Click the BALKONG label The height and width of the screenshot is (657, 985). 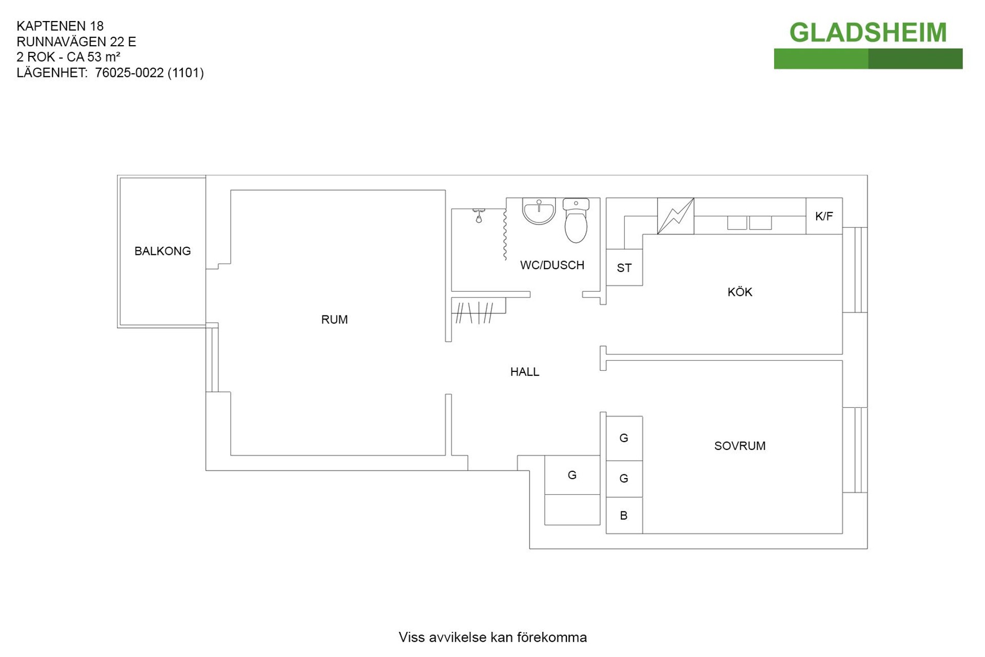[x=162, y=251]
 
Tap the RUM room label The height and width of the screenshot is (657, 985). [x=334, y=320]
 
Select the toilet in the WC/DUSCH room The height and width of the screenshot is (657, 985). [x=576, y=222]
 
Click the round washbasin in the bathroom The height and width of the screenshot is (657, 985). [x=539, y=211]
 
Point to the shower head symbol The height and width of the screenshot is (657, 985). [x=479, y=216]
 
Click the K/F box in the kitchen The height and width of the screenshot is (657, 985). [x=823, y=216]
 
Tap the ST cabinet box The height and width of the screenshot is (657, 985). [x=624, y=268]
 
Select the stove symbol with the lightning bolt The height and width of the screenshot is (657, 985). [x=675, y=216]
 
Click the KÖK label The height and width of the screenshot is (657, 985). [x=739, y=292]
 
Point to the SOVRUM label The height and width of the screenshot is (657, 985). [x=739, y=446]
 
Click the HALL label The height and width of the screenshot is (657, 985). [x=524, y=372]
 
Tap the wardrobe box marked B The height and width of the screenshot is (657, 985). [x=624, y=515]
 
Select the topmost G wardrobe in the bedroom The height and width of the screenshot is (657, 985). [x=624, y=438]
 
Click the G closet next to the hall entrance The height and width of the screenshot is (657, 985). [x=572, y=475]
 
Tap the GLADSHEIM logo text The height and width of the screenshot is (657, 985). [x=868, y=33]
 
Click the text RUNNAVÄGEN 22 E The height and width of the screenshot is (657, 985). [x=76, y=42]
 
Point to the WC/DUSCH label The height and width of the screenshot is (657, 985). [x=552, y=265]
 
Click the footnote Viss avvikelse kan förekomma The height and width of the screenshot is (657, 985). [x=493, y=637]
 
